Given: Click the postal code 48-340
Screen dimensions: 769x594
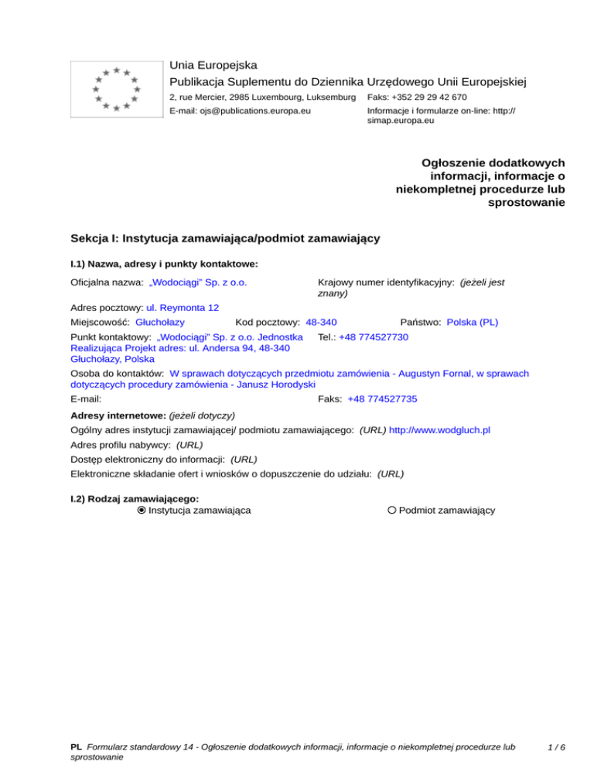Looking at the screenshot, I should tap(321, 320).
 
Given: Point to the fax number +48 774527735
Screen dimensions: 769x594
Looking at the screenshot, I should tap(383, 398).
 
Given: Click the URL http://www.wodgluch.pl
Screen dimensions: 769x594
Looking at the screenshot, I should tap(440, 429).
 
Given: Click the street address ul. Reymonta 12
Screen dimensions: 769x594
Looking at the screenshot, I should tap(182, 306).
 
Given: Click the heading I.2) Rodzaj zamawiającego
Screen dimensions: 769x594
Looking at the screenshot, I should tap(135, 499).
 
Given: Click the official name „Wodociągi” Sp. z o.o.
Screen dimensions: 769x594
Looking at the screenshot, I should tap(198, 282).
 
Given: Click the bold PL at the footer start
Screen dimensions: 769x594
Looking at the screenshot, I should tap(76, 747).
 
